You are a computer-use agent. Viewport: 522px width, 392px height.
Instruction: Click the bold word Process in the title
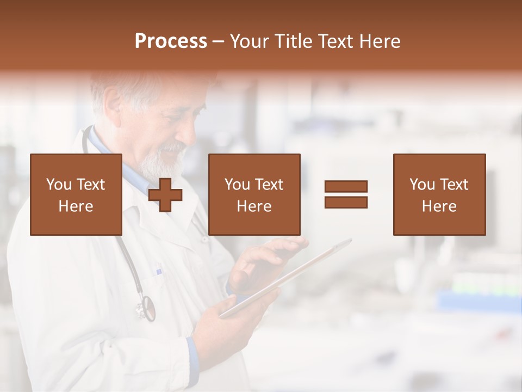[x=171, y=41]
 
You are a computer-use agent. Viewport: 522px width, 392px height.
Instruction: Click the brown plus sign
[x=165, y=195]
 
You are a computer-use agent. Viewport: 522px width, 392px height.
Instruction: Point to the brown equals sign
[x=346, y=194]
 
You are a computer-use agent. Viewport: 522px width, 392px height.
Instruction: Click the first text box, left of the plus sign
[x=76, y=195]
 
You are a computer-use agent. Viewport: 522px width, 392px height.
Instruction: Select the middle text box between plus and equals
[x=254, y=195]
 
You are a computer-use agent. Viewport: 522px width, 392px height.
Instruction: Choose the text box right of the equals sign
[x=439, y=195]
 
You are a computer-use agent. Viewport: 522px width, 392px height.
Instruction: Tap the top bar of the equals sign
[x=346, y=187]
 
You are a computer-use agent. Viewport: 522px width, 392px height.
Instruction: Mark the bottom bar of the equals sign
[x=346, y=202]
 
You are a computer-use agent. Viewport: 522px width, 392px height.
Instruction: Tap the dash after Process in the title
[x=218, y=42]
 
